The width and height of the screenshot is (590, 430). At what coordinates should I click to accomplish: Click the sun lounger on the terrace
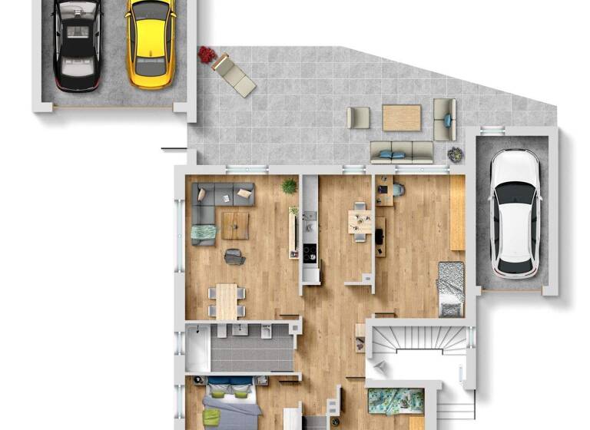[x=234, y=74]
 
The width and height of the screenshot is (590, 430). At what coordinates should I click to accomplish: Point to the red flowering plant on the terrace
[x=207, y=54]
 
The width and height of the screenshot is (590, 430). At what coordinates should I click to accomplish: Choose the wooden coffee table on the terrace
[x=401, y=117]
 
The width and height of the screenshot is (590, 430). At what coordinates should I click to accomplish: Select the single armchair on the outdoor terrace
[x=358, y=117]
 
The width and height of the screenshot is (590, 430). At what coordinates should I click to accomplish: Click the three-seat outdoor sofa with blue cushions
[x=402, y=151]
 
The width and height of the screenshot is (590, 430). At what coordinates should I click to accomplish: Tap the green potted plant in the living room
[x=289, y=186]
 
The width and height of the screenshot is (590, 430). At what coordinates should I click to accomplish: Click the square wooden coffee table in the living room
[x=235, y=226]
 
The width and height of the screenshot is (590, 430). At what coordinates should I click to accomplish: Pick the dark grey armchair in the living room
[x=234, y=257]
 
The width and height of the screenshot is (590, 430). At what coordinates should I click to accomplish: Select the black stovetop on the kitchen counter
[x=310, y=254]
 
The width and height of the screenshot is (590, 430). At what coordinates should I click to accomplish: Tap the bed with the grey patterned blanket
[x=451, y=288]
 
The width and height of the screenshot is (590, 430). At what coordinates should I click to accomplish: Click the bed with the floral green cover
[x=396, y=402]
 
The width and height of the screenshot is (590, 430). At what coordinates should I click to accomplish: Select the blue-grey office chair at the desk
[x=397, y=187]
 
